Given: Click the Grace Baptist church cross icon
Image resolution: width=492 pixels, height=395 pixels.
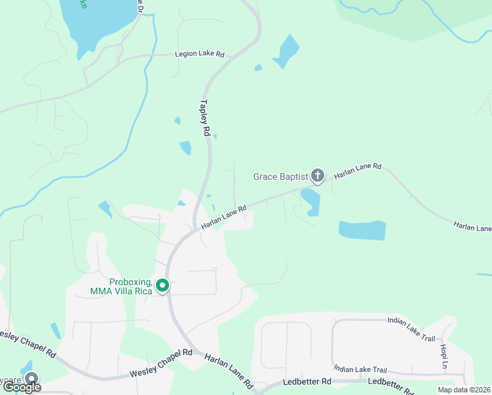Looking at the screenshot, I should [318, 176].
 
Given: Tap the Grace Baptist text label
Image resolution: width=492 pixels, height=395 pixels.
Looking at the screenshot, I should [281, 176].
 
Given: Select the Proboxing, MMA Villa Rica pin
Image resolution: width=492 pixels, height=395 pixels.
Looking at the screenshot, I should [162, 286].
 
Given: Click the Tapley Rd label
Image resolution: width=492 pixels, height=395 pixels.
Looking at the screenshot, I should [205, 118].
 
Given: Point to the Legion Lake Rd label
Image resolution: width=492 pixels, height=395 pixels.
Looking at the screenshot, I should [199, 55].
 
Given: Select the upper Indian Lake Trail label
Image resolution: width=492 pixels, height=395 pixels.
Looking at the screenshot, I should [412, 320].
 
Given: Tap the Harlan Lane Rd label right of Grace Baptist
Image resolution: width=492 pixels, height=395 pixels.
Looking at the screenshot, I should [358, 171].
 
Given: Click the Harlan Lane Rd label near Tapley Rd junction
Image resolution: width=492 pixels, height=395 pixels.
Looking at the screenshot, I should [224, 217].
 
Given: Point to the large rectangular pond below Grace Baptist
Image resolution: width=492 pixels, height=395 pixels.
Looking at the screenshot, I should [362, 230].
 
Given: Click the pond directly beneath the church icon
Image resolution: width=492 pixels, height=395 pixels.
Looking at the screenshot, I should [310, 201].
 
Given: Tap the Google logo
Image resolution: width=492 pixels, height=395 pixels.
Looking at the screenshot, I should [22, 386].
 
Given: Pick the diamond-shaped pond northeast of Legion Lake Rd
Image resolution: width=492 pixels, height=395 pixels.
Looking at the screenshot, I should [286, 51].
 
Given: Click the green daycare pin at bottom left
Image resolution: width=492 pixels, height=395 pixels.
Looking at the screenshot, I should [31, 379].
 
